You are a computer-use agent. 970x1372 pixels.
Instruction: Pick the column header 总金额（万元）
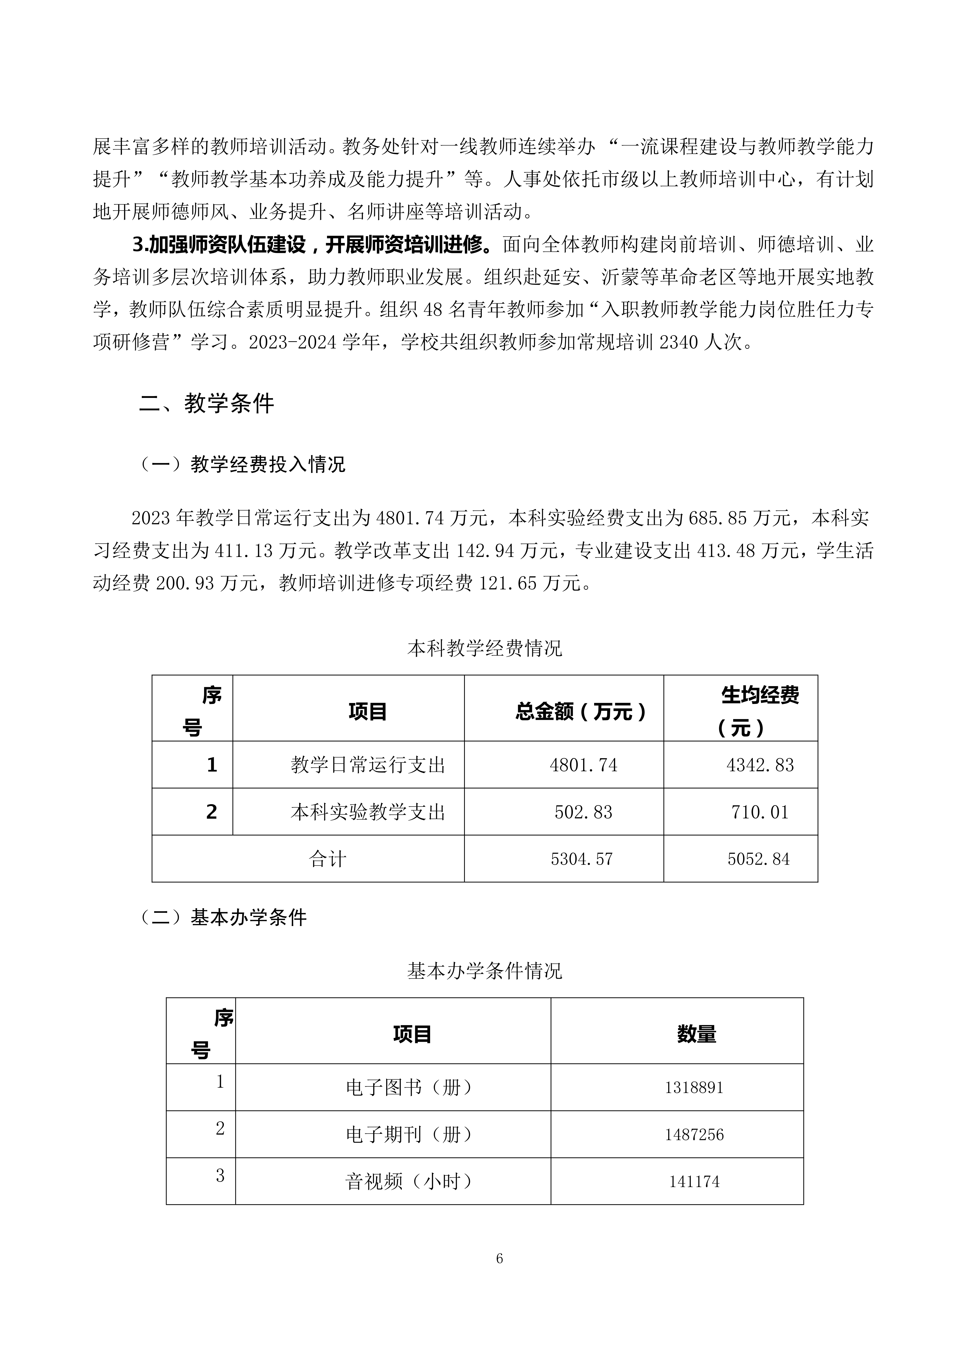[x=581, y=712]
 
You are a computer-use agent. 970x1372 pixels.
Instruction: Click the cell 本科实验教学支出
[x=368, y=812]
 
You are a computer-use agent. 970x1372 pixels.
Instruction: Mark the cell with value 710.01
[x=760, y=812]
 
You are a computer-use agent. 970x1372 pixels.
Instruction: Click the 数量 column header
[x=697, y=1034]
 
